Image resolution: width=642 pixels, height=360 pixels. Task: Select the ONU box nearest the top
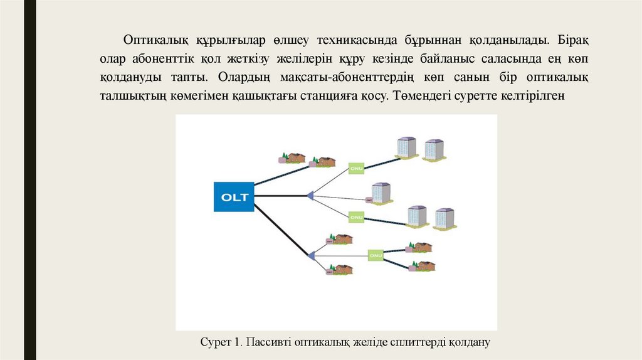click(x=356, y=167)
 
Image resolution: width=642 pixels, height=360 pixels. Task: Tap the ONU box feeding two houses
click(x=376, y=256)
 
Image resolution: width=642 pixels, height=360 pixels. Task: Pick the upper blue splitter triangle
click(x=309, y=196)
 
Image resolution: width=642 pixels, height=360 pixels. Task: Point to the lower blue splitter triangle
click(x=310, y=255)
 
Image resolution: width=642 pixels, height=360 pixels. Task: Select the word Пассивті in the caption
click(x=265, y=342)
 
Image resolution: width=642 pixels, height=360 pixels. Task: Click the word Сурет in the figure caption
click(x=214, y=342)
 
